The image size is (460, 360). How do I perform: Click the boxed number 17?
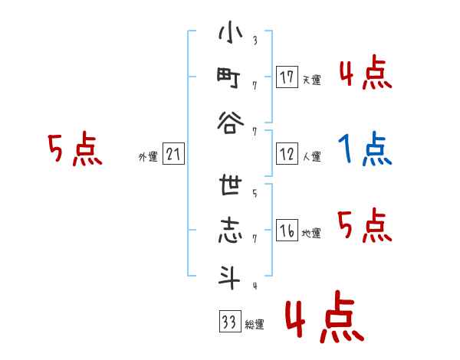(x=287, y=77)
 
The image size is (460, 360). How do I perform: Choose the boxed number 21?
(x=173, y=155)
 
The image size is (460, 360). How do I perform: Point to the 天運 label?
(x=311, y=80)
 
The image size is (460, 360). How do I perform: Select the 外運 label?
(x=147, y=157)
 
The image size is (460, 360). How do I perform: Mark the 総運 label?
(x=255, y=324)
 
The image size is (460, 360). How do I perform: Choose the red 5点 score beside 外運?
(x=74, y=149)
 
